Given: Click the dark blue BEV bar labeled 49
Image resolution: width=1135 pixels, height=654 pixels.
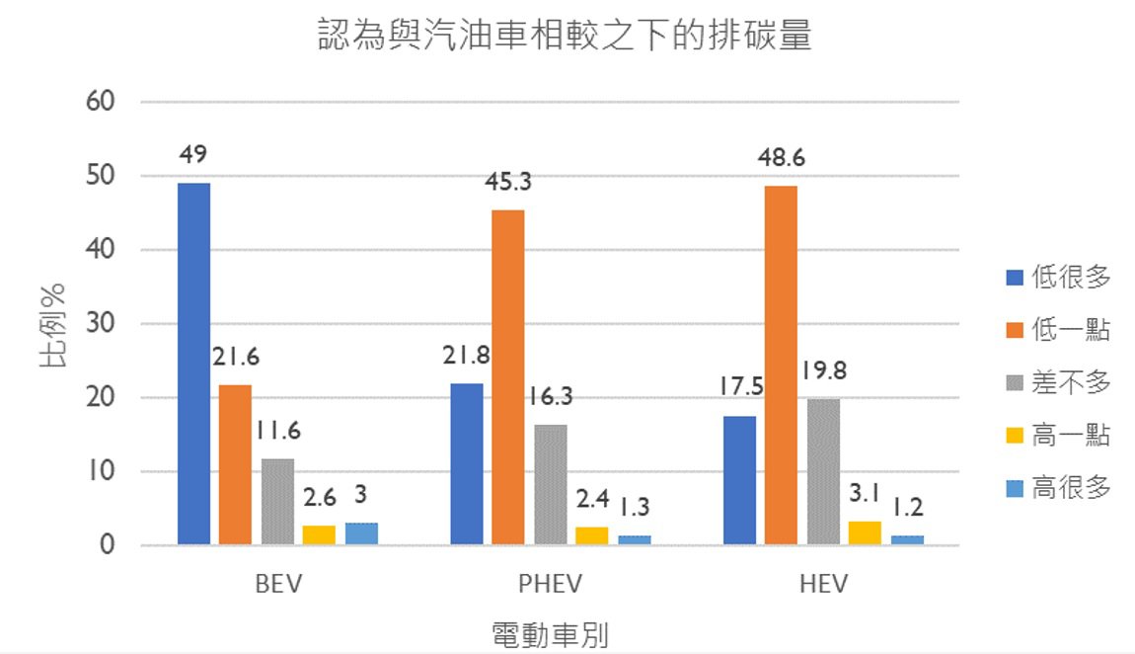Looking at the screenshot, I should pyautogui.click(x=193, y=364).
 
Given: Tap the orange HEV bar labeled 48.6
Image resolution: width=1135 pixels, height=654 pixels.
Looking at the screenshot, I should pyautogui.click(x=781, y=366).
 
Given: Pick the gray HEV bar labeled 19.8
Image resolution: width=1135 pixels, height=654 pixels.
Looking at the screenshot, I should pyautogui.click(x=822, y=471).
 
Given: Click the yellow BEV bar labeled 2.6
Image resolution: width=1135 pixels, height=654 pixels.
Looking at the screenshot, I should pyautogui.click(x=319, y=535).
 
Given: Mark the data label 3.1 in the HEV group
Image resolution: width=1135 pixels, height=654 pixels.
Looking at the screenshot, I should pyautogui.click(x=865, y=486).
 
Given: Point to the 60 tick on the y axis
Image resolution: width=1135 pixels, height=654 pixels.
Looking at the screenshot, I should pyautogui.click(x=102, y=102).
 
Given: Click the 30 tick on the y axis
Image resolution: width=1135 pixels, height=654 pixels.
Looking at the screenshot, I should pyautogui.click(x=102, y=324).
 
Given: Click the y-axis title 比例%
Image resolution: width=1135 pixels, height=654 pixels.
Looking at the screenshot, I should pyautogui.click(x=55, y=326).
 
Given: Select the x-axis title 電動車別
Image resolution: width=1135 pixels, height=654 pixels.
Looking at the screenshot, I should pyautogui.click(x=550, y=633).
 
